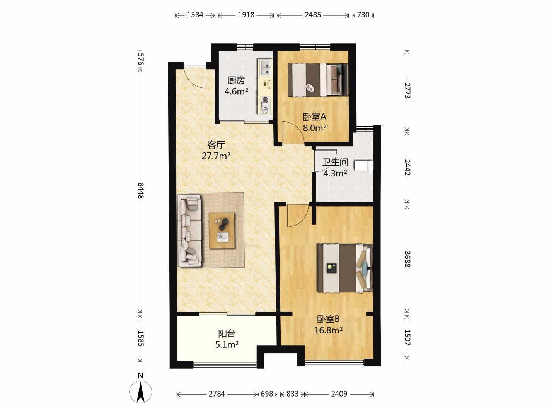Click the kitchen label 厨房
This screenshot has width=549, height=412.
click(236, 80)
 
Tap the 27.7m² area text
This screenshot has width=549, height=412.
click(216, 156)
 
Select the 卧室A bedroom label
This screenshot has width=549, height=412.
click(315, 117)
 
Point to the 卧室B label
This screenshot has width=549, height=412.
click(328, 319)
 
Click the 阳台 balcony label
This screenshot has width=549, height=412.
click(227, 333)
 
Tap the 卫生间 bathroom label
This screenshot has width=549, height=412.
click(335, 162)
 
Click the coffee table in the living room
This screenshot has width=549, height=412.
click(222, 231)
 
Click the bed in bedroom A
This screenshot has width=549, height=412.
click(318, 80)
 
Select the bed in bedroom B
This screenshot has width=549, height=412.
click(345, 268)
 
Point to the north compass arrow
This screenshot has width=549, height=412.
click(141, 392)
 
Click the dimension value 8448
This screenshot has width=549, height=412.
click(141, 191)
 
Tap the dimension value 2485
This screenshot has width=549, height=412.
click(313, 15)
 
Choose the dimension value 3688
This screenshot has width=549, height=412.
click(407, 259)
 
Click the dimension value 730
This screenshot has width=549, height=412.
click(363, 15)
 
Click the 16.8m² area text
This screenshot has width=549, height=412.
click(328, 330)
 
